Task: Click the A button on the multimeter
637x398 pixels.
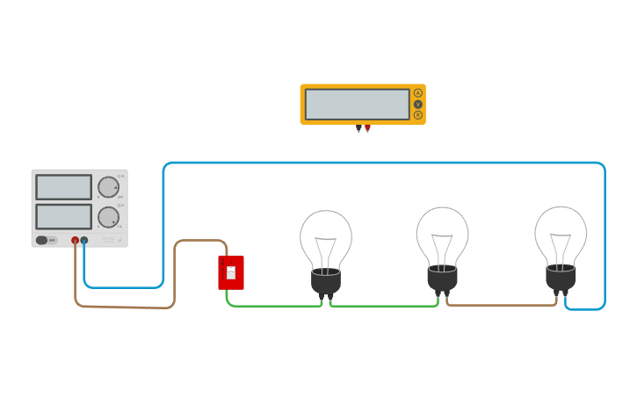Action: pyautogui.click(x=418, y=93)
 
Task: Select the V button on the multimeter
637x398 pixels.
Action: pyautogui.click(x=418, y=105)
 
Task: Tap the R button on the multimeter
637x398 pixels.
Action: pyautogui.click(x=418, y=115)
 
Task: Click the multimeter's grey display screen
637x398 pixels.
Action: pyautogui.click(x=358, y=104)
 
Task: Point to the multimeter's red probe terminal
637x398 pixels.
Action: pyautogui.click(x=367, y=128)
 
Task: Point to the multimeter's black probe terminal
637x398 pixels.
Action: pyautogui.click(x=358, y=128)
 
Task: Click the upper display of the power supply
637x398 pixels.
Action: pyautogui.click(x=63, y=187)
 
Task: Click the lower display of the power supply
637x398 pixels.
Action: pyautogui.click(x=63, y=216)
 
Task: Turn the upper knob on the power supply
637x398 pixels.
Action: pyautogui.click(x=108, y=187)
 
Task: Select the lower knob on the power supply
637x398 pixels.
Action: pyautogui.click(x=108, y=217)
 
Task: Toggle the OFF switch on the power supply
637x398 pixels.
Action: pyautogui.click(x=42, y=240)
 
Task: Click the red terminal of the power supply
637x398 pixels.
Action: pyautogui.click(x=76, y=240)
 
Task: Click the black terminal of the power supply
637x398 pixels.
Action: pyautogui.click(x=84, y=240)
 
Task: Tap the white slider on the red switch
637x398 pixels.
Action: pyautogui.click(x=231, y=272)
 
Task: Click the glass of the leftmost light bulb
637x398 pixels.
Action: pyautogui.click(x=326, y=237)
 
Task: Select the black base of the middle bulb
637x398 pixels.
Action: pyautogui.click(x=442, y=279)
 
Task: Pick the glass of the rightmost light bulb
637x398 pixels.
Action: pyautogui.click(x=561, y=233)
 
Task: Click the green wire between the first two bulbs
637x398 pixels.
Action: pyautogui.click(x=385, y=306)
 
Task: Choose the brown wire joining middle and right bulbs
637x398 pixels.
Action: pyautogui.click(x=501, y=305)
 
